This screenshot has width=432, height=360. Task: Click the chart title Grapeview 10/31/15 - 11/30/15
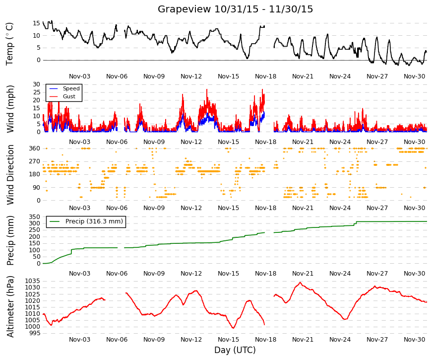pyautogui.click(x=235, y=9)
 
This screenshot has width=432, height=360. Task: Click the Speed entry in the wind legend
pyautogui.click(x=71, y=88)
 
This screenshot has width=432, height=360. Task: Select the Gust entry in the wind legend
pyautogui.click(x=69, y=96)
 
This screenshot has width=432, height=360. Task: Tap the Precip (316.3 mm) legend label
pyautogui.click(x=94, y=221)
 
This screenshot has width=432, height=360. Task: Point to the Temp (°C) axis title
pyautogui.click(x=9, y=44)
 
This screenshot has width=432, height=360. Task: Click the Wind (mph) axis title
pyautogui.click(x=10, y=109)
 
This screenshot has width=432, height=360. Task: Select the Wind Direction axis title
pyautogui.click(x=10, y=175)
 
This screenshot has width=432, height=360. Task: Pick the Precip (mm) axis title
pyautogui.click(x=10, y=240)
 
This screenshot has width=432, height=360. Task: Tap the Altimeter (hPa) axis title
pyautogui.click(x=10, y=306)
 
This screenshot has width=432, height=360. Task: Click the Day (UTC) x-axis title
pyautogui.click(x=235, y=350)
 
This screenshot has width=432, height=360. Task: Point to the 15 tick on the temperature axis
pyautogui.click(x=36, y=23)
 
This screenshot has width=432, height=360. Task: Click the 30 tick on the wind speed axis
pyautogui.click(x=36, y=84)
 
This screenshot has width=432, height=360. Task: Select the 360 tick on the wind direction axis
pyautogui.click(x=34, y=148)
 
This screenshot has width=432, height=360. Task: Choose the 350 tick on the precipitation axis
pyautogui.click(x=34, y=217)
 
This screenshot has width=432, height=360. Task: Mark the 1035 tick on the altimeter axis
pyautogui.click(x=33, y=281)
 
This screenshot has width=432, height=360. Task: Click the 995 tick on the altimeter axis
pyautogui.click(x=34, y=333)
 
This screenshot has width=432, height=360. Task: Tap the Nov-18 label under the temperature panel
pyautogui.click(x=265, y=76)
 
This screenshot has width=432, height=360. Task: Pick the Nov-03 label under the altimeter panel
pyautogui.click(x=80, y=340)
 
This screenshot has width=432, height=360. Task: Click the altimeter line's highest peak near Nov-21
pyautogui.click(x=300, y=283)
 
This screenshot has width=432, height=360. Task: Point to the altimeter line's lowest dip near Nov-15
pyautogui.click(x=233, y=328)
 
